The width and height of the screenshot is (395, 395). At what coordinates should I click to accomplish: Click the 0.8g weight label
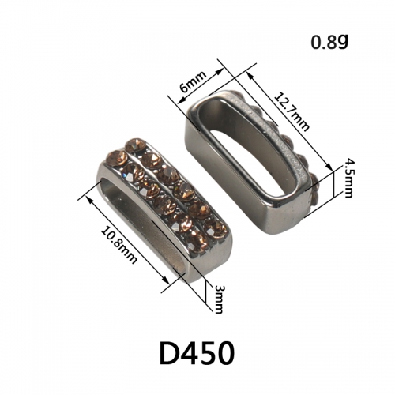(x=329, y=42)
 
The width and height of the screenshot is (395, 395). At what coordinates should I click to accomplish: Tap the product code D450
(x=197, y=353)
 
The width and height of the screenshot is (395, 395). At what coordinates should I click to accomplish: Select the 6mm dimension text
(x=193, y=81)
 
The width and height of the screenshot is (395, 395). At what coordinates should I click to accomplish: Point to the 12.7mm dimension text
(x=292, y=112)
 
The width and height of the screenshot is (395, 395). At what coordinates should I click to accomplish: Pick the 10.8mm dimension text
(x=118, y=245)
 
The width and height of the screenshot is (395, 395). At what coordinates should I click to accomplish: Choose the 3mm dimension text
(x=219, y=299)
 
